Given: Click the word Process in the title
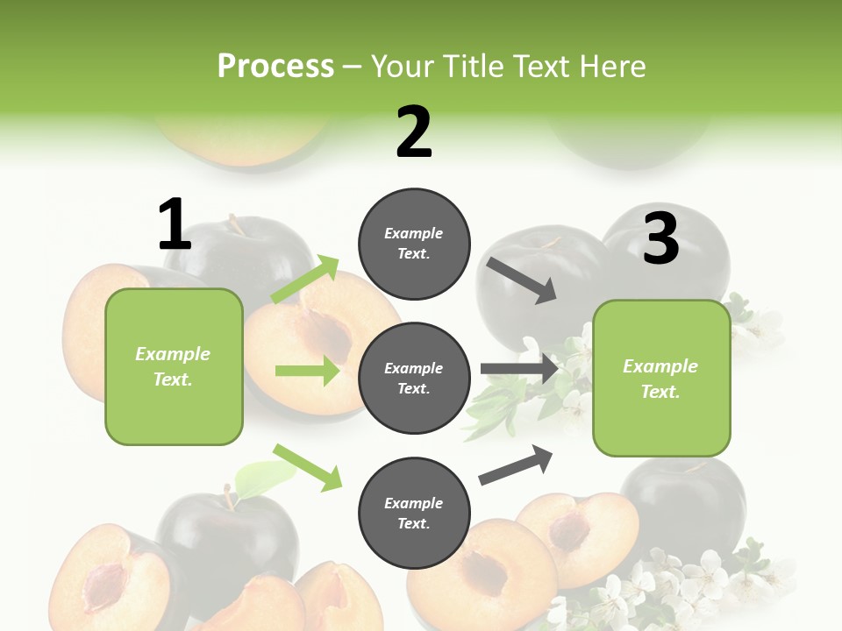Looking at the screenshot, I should (x=275, y=66).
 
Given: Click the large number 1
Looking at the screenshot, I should (x=175, y=225).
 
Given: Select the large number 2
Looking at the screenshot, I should (x=414, y=132).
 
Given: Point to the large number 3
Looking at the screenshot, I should (x=660, y=238).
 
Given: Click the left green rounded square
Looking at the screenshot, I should (x=174, y=366).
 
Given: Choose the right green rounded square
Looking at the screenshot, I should (x=661, y=378).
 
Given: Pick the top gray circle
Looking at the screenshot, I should (x=414, y=244).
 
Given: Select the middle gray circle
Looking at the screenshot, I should (x=414, y=378).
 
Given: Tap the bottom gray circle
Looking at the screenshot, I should (x=414, y=513).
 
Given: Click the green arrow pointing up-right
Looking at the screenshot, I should (x=305, y=280).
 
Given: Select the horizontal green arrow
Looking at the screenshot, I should (x=307, y=371).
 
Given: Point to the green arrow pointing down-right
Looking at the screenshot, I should (x=307, y=467).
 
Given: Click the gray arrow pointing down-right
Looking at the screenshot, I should (x=522, y=280).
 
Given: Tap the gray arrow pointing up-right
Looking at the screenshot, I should (x=516, y=464).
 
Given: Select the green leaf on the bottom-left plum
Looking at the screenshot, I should (x=266, y=478).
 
